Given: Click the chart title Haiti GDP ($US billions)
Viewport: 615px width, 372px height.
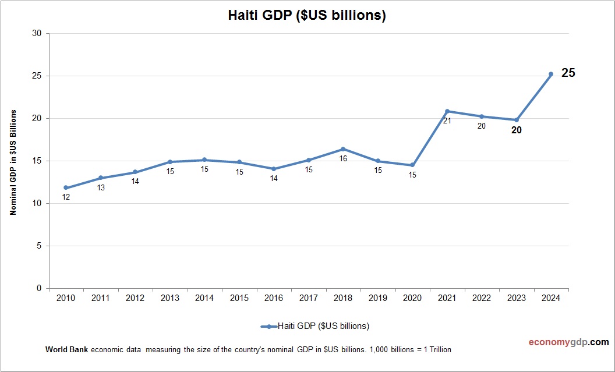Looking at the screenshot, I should click(307, 16).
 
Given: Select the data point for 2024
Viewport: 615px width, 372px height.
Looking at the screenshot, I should click(551, 74).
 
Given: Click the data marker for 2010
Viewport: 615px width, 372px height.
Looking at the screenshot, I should click(66, 188).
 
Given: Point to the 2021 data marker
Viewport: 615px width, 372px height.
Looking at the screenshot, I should click(447, 111).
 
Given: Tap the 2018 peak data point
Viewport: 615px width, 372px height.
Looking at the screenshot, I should click(343, 149).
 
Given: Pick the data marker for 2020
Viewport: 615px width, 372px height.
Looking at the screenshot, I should click(412, 165).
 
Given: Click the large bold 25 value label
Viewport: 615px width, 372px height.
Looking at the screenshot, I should click(568, 73).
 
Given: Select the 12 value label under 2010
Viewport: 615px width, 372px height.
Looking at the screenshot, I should click(66, 197).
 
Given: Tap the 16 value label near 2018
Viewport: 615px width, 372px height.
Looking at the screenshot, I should click(343, 158).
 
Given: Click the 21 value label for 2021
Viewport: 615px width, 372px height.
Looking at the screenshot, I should click(447, 121).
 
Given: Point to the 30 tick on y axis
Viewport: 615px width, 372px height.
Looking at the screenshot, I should click(37, 33).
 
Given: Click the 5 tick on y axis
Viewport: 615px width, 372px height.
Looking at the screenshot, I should click(39, 246).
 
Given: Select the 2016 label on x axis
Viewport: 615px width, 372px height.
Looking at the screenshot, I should click(274, 298).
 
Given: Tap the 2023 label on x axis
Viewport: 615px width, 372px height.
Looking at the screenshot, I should click(516, 298).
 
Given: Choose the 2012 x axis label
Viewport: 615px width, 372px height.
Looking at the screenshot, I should click(135, 298).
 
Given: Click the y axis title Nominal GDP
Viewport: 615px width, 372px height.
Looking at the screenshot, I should click(13, 162).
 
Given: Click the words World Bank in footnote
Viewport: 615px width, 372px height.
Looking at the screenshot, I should click(66, 350).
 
